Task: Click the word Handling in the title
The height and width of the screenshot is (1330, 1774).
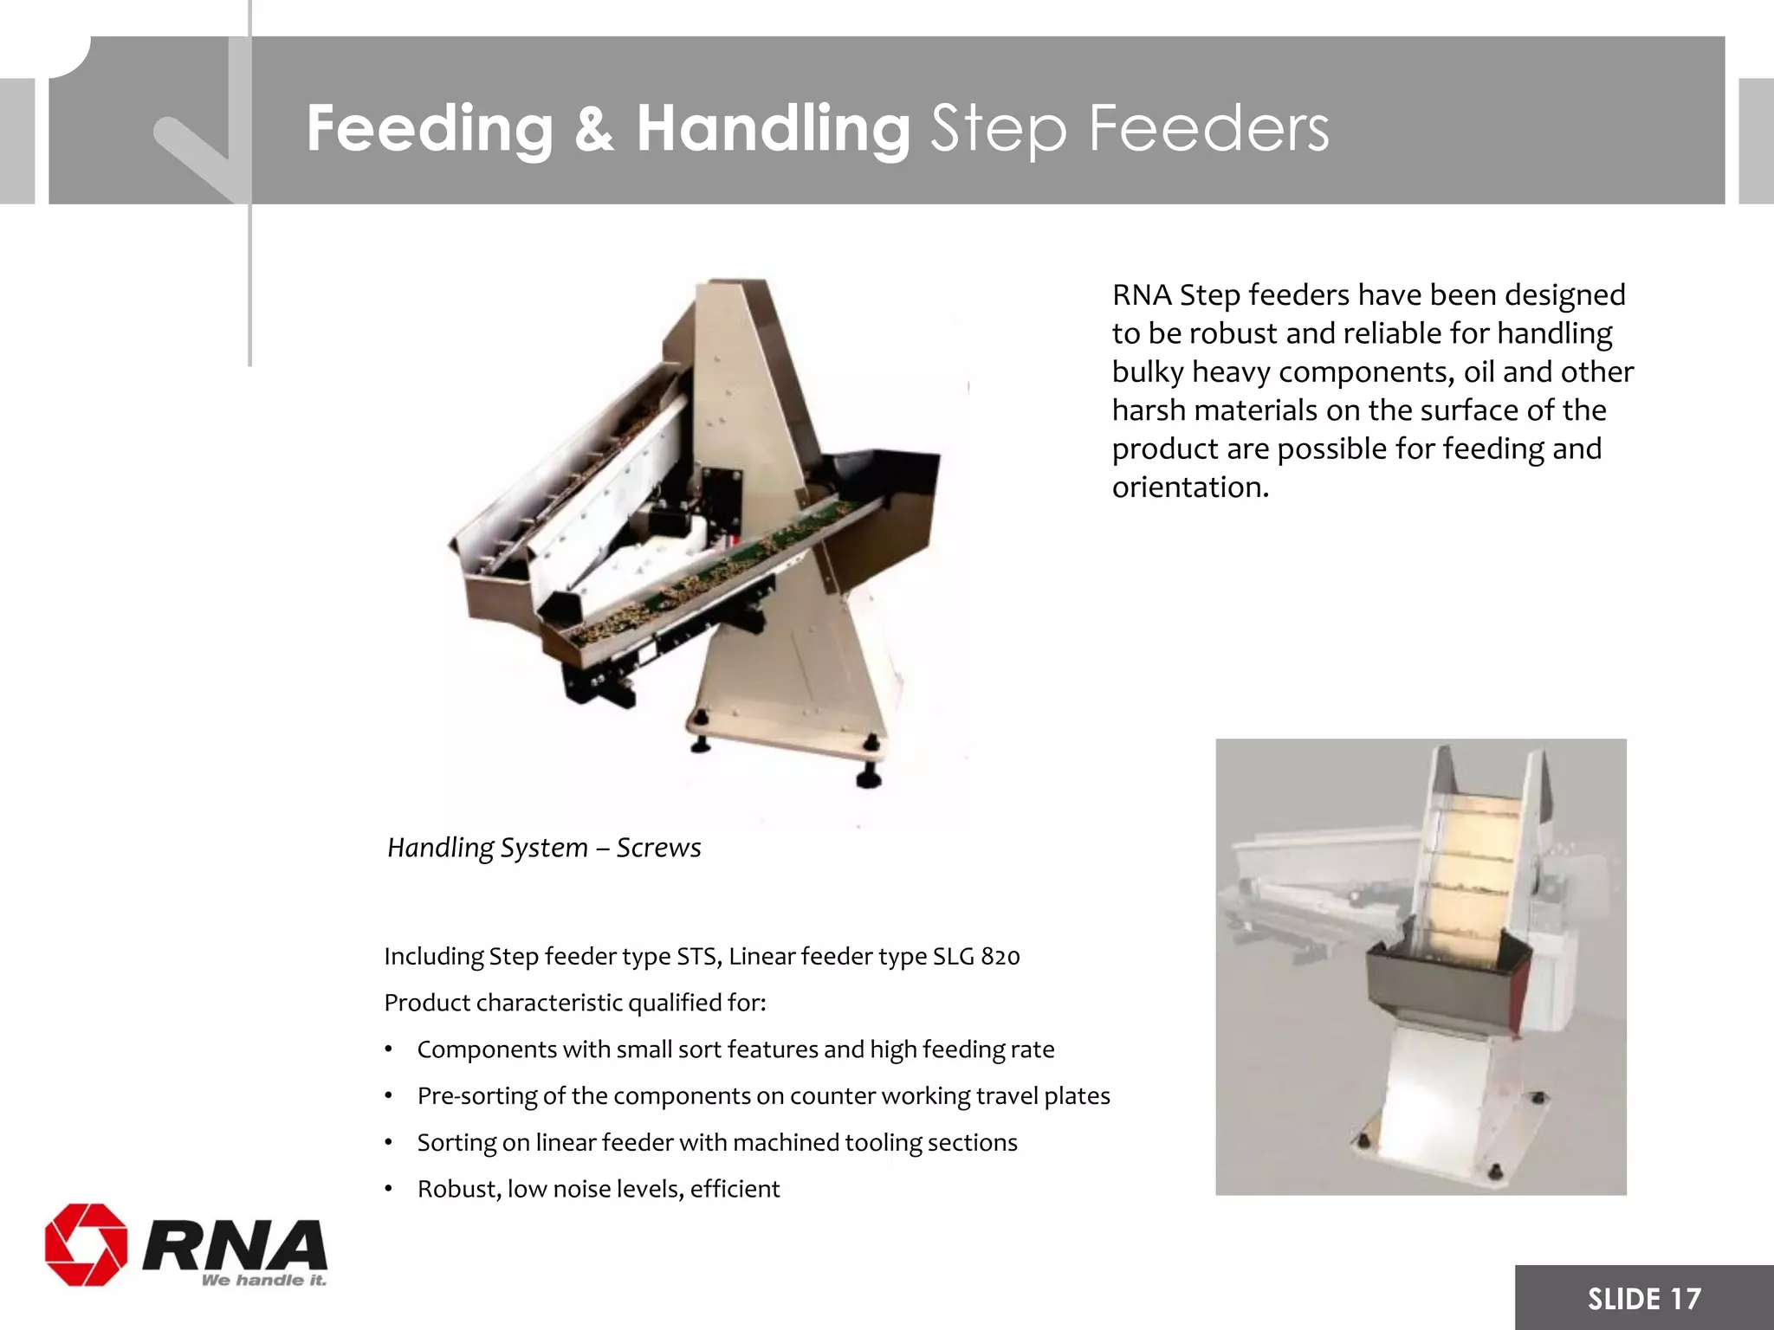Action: pyautogui.click(x=773, y=129)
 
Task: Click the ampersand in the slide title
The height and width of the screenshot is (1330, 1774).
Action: pyautogui.click(x=594, y=129)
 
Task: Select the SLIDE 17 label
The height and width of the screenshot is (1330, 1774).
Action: pyautogui.click(x=1644, y=1298)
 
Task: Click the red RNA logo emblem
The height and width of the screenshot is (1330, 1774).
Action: pyautogui.click(x=86, y=1243)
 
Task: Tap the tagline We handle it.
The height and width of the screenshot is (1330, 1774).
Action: pyautogui.click(x=263, y=1280)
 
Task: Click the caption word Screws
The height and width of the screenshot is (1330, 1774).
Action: pyautogui.click(x=658, y=847)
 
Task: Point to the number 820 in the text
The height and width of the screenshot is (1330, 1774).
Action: pyautogui.click(x=1000, y=957)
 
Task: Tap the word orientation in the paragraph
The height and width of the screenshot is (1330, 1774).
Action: pyautogui.click(x=1190, y=487)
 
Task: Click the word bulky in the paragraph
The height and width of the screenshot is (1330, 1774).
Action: pyautogui.click(x=1148, y=371)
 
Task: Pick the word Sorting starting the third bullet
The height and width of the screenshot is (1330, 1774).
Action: pyautogui.click(x=456, y=1143)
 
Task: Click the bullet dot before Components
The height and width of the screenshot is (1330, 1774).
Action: pyautogui.click(x=390, y=1050)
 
